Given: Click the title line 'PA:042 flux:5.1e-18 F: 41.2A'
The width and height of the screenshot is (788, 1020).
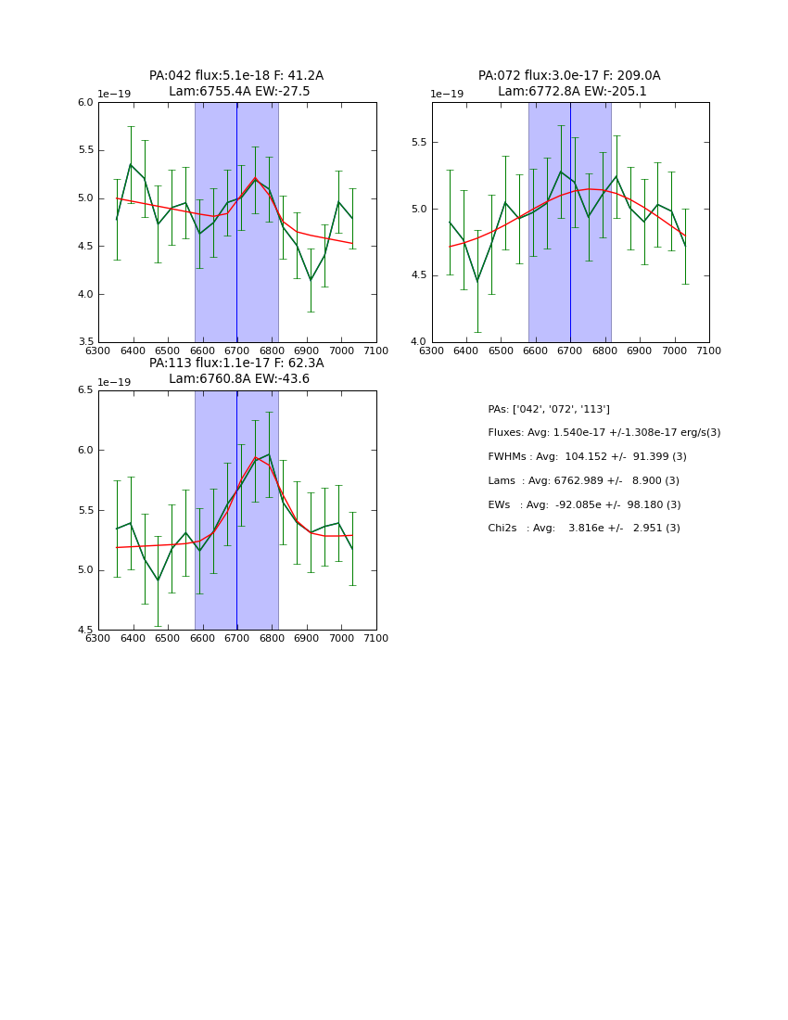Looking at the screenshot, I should [236, 76].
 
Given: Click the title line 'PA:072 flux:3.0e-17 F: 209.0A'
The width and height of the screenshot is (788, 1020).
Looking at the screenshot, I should [569, 76].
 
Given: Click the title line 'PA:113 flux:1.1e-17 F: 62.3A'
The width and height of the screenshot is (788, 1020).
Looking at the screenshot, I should [236, 363].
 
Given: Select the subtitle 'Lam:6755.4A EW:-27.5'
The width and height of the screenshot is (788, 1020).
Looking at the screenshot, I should [239, 92].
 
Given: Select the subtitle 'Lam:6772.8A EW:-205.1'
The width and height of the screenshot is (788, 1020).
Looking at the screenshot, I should [572, 92].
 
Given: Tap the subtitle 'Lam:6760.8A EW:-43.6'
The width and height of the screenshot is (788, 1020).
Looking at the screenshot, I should [239, 379].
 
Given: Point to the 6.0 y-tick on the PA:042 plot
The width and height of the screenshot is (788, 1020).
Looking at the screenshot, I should [86, 102].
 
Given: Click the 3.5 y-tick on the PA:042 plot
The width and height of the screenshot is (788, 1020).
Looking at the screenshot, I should [86, 342].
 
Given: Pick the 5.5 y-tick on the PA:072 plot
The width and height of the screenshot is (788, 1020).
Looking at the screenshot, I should [420, 143].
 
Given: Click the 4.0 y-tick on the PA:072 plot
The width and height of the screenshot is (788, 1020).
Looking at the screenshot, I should [420, 342].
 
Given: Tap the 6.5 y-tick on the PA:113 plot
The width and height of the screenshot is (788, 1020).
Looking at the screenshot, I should [86, 390].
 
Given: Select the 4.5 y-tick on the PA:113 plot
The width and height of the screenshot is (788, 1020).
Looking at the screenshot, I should [86, 630].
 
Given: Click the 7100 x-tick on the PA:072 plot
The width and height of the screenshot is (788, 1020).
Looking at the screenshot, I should [709, 351].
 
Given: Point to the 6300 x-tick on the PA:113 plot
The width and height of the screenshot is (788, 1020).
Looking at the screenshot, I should [98, 638].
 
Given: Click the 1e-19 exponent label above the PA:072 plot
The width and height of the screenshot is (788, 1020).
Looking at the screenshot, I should [447, 95].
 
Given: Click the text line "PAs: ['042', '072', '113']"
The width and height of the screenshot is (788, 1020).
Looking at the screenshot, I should [549, 410].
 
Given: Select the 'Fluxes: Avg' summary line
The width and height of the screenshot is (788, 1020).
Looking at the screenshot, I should [604, 433].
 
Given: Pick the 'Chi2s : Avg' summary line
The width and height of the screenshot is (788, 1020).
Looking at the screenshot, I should [584, 529].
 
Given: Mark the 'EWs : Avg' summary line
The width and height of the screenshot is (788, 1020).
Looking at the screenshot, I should [584, 505].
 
